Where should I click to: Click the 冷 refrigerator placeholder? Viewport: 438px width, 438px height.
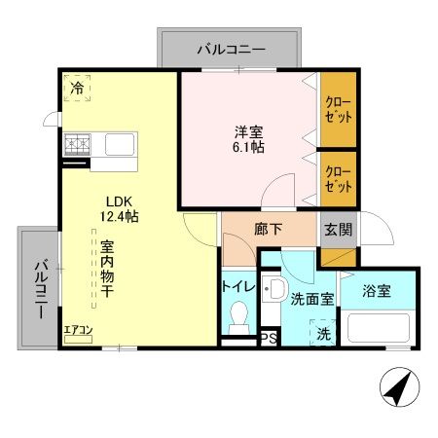click(76, 87)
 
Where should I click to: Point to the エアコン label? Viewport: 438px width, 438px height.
click(78, 330)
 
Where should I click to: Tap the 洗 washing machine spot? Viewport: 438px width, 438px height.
click(322, 332)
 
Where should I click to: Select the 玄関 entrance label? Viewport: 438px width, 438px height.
click(339, 231)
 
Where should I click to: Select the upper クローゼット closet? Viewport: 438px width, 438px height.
click(338, 108)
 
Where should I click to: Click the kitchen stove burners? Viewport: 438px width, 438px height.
click(76, 147)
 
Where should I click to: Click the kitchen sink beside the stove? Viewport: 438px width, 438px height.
click(118, 147)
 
